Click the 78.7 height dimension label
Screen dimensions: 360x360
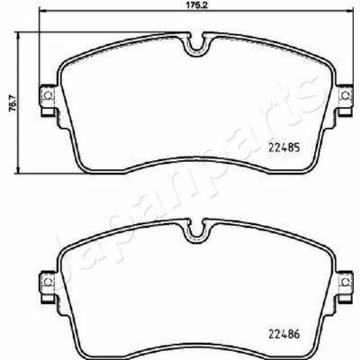click(13, 103)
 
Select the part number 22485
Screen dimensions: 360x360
click(283, 148)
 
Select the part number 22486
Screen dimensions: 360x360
click(283, 334)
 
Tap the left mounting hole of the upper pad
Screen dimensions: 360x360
click(48, 95)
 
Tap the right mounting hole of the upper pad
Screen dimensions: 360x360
click(346, 95)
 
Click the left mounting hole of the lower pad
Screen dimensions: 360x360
click(48, 282)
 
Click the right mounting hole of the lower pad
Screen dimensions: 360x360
click(346, 282)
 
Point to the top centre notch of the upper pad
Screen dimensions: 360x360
click(196, 45)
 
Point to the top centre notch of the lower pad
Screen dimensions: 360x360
click(196, 231)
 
